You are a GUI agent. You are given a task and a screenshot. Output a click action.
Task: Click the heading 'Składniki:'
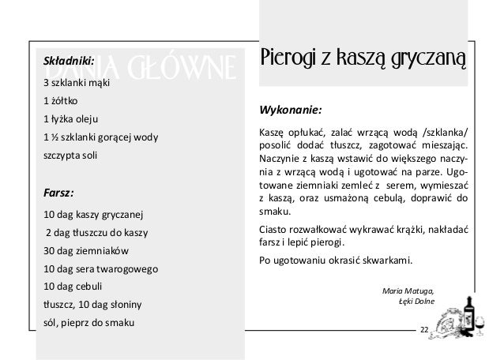pyautogui.click(x=68, y=60)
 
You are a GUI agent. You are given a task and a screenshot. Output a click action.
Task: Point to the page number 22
pyautogui.click(x=424, y=328)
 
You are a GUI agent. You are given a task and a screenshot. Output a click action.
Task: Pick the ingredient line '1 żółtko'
pyautogui.click(x=61, y=101)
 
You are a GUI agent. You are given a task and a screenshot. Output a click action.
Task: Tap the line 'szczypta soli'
pyautogui.click(x=71, y=156)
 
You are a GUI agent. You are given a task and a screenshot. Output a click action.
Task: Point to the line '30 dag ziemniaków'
pyautogui.click(x=85, y=251)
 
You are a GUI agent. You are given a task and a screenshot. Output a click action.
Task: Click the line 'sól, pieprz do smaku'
pyautogui.click(x=88, y=323)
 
